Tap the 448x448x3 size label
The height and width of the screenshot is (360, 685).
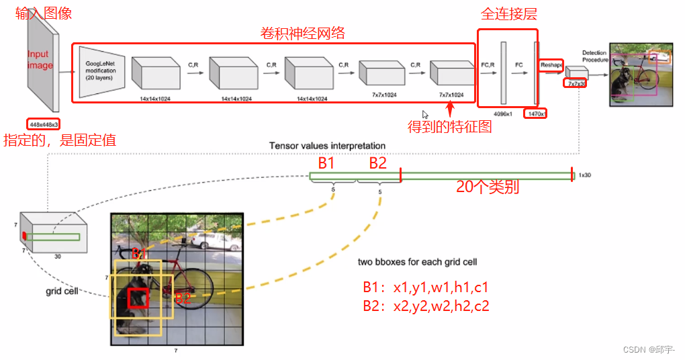click(43, 124)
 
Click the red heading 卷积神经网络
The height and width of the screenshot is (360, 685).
click(302, 33)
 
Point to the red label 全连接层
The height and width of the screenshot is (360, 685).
click(508, 14)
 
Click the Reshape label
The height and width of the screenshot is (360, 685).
click(551, 65)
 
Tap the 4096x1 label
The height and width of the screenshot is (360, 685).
click(504, 114)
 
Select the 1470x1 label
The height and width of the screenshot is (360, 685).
click(536, 114)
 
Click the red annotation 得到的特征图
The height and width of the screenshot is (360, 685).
click(450, 126)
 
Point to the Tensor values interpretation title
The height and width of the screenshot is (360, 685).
click(327, 146)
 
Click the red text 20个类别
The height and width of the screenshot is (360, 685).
click(488, 188)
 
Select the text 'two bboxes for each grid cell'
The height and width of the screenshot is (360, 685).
click(418, 262)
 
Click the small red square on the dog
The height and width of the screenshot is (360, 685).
click(138, 298)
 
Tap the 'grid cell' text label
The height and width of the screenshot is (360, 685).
click(62, 291)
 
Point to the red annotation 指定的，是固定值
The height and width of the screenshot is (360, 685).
click(60, 140)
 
